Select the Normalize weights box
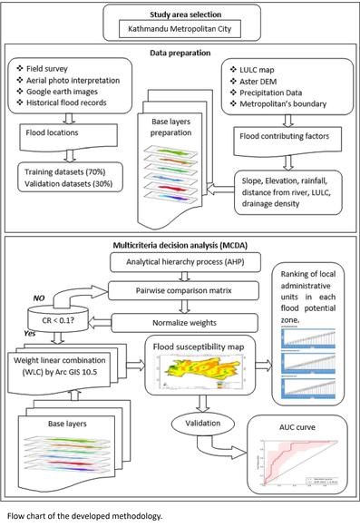coord(190,320)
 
